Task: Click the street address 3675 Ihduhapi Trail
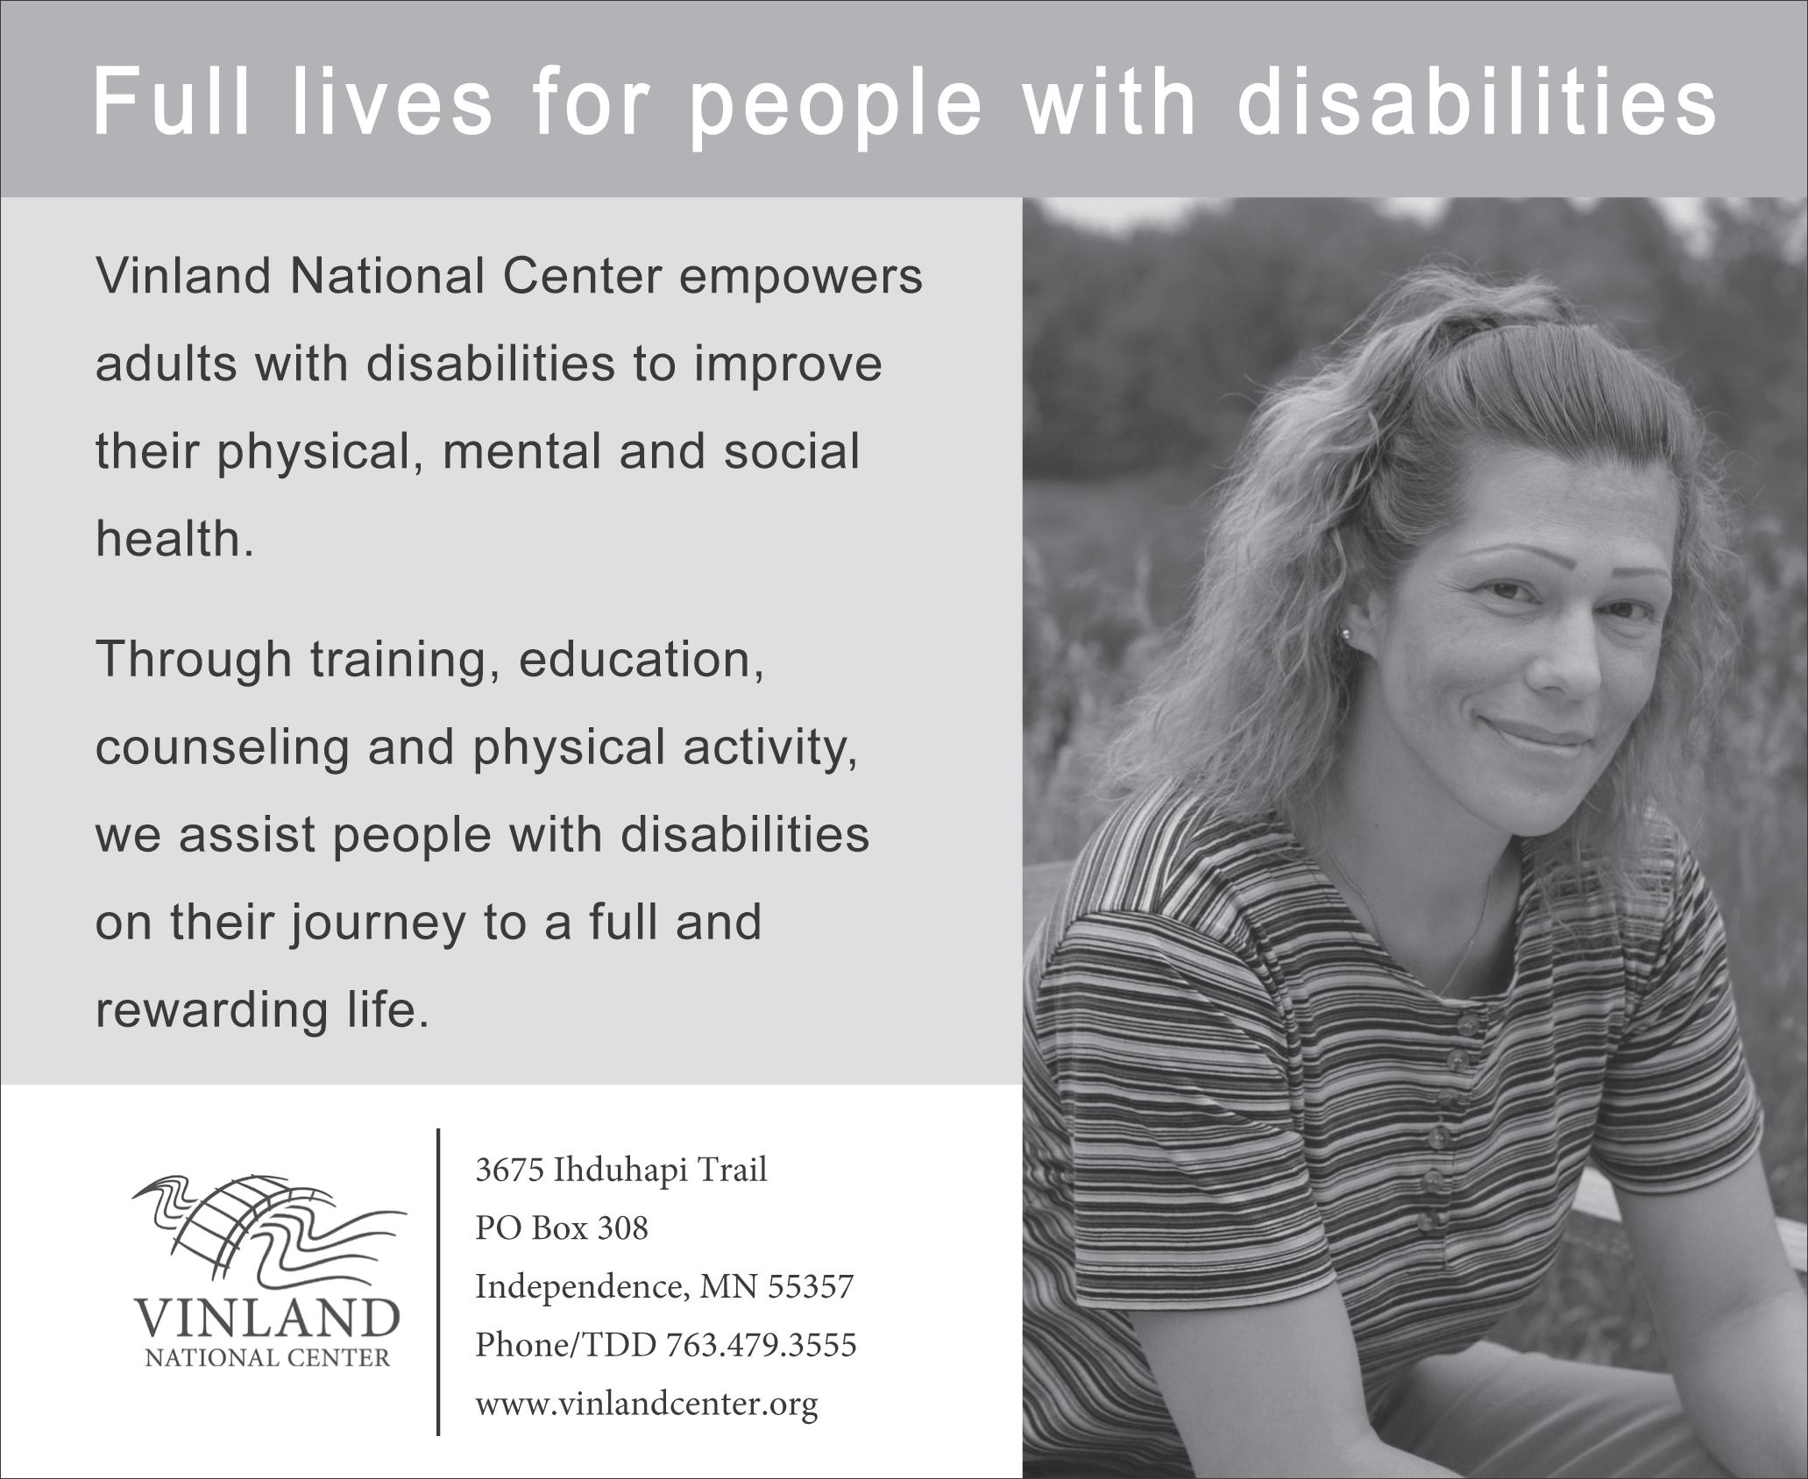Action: point(620,1170)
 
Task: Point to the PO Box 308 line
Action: point(562,1228)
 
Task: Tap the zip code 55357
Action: point(811,1286)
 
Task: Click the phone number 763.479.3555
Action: point(761,1344)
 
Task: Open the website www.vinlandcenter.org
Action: point(646,1404)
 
